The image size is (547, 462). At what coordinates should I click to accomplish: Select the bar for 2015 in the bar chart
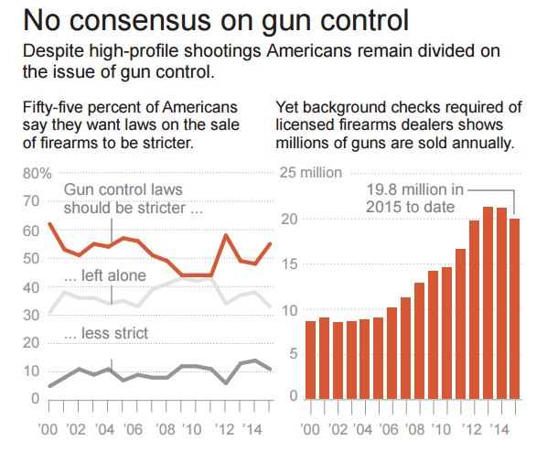pyautogui.click(x=515, y=308)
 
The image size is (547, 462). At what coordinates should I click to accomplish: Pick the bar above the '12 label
pyautogui.click(x=474, y=309)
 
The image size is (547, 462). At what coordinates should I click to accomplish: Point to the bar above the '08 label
pyautogui.click(x=420, y=340)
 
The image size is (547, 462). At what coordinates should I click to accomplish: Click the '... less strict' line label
pyautogui.click(x=106, y=333)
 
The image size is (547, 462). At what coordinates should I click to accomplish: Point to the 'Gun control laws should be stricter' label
pyautogui.click(x=132, y=198)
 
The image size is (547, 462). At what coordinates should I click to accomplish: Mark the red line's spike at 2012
pyautogui.click(x=225, y=235)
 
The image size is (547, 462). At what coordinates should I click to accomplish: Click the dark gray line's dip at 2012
pyautogui.click(x=225, y=381)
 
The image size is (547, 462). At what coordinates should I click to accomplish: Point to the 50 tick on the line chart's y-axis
pyautogui.click(x=30, y=258)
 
